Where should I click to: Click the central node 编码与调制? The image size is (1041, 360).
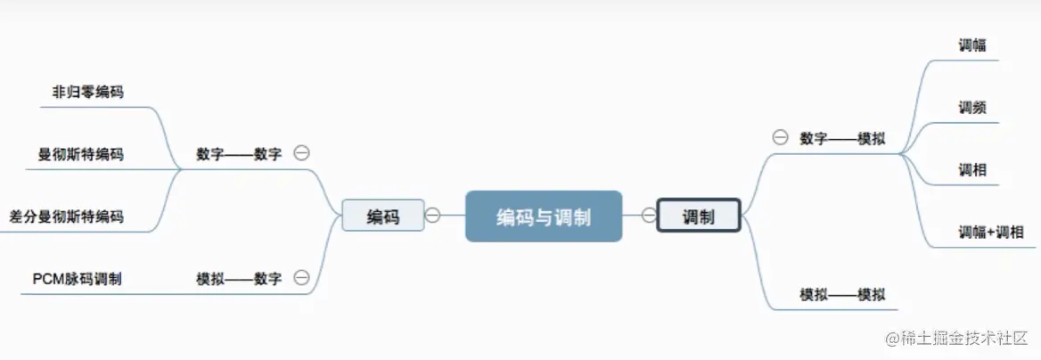(x=543, y=217)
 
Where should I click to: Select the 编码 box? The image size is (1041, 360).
(x=383, y=216)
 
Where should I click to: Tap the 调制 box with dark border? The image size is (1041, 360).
(x=699, y=216)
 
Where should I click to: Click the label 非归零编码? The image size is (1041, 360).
(x=87, y=91)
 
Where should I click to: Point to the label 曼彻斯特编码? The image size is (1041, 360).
(x=80, y=154)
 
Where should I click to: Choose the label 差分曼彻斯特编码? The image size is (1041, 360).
(x=66, y=217)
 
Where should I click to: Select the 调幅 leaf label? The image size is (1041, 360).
(x=972, y=45)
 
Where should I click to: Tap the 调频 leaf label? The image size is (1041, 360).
(x=972, y=108)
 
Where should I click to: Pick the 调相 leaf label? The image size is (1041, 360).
(x=972, y=169)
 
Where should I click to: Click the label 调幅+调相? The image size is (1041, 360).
(x=991, y=233)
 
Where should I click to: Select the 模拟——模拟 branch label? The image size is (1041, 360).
(x=842, y=295)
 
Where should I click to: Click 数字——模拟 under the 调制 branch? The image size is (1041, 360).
(x=842, y=138)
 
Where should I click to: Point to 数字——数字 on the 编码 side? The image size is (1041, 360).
(x=239, y=154)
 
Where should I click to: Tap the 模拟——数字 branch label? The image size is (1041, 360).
(x=239, y=279)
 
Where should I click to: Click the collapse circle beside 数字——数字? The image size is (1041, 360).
(x=302, y=153)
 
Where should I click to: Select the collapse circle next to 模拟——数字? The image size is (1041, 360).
(x=302, y=278)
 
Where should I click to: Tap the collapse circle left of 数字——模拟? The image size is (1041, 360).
(x=780, y=137)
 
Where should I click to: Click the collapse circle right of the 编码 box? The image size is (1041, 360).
(x=433, y=215)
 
